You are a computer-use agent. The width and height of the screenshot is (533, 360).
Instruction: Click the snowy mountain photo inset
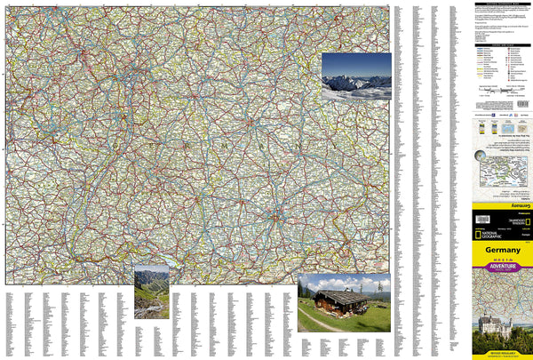click(x=356, y=76)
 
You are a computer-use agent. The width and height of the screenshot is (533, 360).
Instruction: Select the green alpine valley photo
click(x=151, y=291)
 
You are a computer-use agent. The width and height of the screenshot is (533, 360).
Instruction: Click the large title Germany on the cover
click(x=502, y=250)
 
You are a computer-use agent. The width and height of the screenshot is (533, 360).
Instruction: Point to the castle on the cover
click(x=495, y=325)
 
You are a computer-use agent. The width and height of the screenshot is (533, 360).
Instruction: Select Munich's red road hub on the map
click(x=277, y=217)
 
